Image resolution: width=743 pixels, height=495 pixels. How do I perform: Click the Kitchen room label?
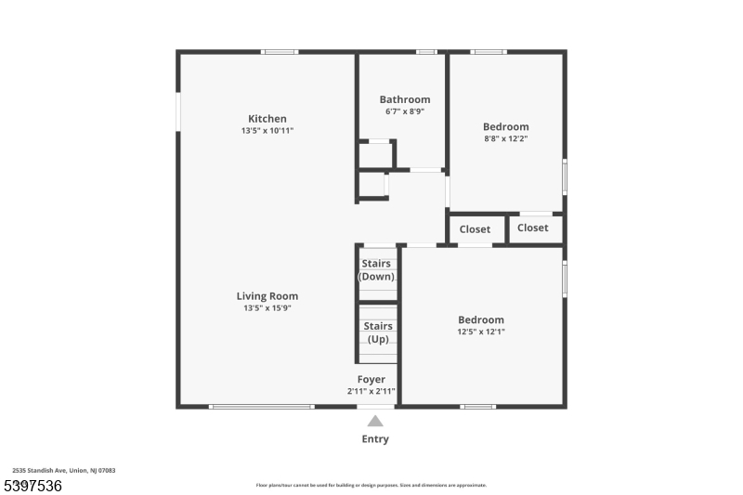pos(267,119)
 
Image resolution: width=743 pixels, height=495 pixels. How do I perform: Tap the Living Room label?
pos(267,296)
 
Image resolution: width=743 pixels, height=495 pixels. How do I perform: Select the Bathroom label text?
pos(405,99)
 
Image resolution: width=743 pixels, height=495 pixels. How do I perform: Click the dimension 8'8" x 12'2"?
pos(506,138)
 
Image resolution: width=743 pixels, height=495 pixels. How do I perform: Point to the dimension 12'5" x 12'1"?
pos(481,332)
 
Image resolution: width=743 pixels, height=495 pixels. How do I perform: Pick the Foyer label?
pos(371,379)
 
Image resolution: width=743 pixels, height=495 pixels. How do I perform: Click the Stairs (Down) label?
pos(377,270)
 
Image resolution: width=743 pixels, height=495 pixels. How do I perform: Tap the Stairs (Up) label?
pos(378,332)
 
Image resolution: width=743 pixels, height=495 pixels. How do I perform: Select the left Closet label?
pos(475,229)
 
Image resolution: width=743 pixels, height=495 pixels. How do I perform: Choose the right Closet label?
pos(533,228)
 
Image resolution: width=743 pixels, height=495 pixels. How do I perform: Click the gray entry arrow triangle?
pos(375,421)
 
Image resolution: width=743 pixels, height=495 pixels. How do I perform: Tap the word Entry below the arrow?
pos(375,439)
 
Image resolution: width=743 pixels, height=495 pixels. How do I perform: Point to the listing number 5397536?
pos(33,486)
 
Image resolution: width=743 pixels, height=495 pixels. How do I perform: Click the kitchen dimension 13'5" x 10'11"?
pos(267,131)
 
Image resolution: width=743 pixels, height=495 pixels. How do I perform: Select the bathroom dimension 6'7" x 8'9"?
pos(405,111)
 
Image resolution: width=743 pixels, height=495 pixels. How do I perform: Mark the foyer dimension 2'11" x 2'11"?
pos(371,391)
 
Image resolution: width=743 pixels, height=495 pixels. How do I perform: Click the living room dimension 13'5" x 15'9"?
pos(267,308)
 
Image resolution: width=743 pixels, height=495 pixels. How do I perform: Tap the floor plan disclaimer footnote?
pos(371,485)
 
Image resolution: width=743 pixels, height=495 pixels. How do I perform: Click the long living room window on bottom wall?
pos(261,407)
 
